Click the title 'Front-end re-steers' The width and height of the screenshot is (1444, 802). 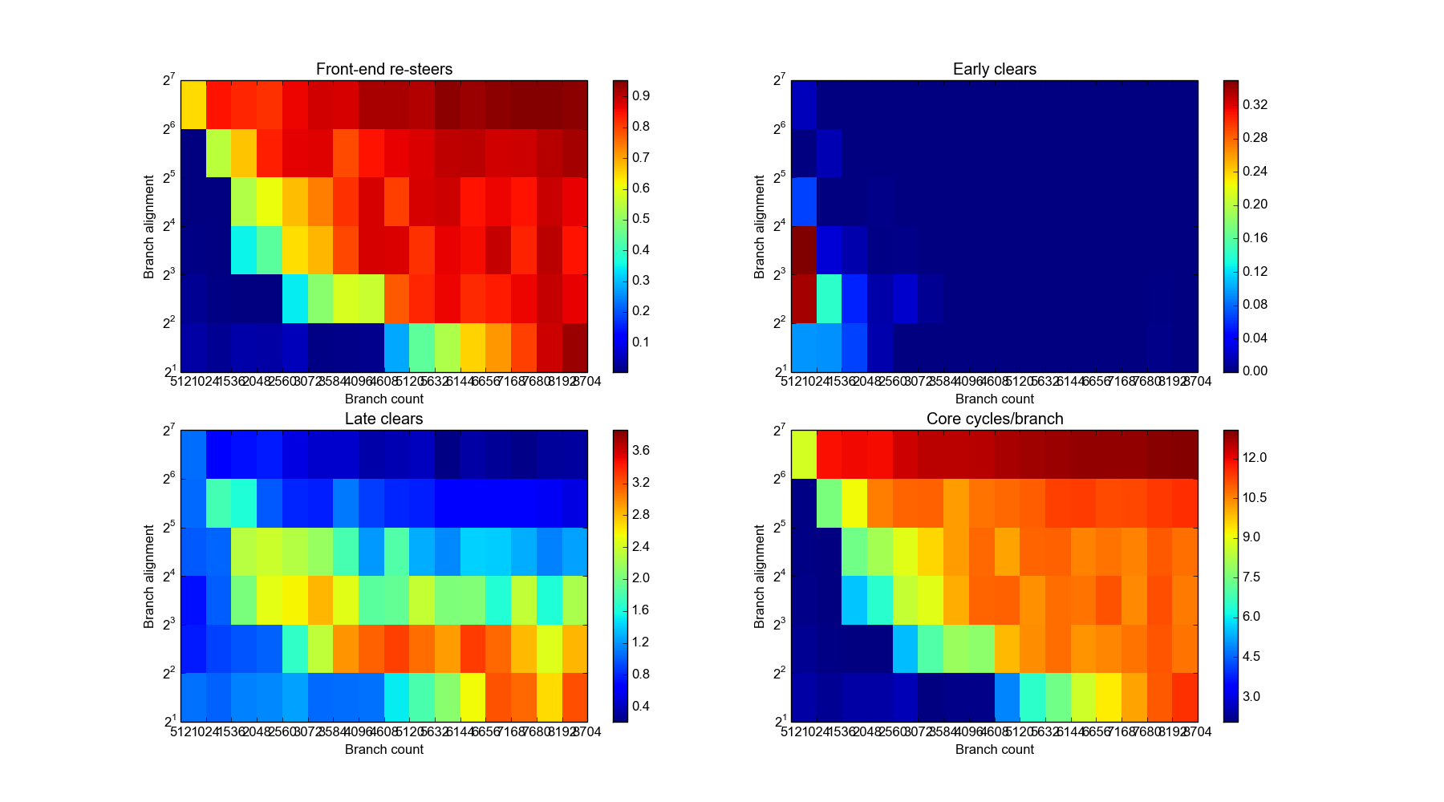point(383,69)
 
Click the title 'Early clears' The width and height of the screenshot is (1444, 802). point(994,69)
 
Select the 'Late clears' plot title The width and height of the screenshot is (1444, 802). point(383,419)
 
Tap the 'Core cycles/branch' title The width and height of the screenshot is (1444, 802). point(994,419)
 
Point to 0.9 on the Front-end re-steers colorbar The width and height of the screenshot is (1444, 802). point(640,95)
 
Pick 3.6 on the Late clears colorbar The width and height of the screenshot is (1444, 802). point(640,451)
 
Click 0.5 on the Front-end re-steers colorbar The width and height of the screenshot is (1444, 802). point(640,219)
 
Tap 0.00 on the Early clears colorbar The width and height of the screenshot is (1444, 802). point(1255,371)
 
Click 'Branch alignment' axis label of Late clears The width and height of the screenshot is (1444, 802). point(149,576)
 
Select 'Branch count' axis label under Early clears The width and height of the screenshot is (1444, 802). point(994,399)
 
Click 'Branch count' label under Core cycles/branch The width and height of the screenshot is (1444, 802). point(994,749)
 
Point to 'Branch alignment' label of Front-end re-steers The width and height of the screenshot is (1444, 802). point(149,226)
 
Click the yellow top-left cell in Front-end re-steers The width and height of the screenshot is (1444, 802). point(193,104)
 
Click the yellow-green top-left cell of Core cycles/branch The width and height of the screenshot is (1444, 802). point(804,454)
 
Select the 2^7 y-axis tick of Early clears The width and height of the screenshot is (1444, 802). point(778,80)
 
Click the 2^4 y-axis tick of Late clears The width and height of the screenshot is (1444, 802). point(168,576)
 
